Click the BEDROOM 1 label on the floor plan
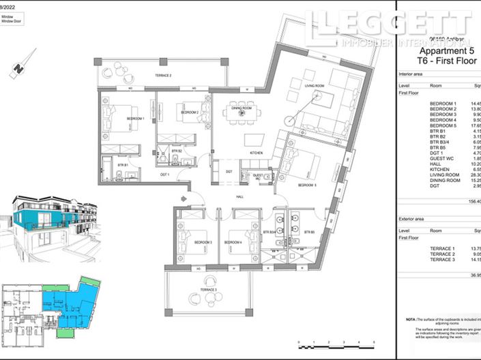pyautogui.click(x=134, y=119)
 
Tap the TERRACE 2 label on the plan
pyautogui.click(x=162, y=75)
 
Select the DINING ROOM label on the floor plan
pyautogui.click(x=242, y=108)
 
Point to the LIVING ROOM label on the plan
pyautogui.click(x=315, y=85)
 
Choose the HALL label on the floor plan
pyautogui.click(x=240, y=196)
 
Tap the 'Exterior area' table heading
pyautogui.click(x=415, y=220)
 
